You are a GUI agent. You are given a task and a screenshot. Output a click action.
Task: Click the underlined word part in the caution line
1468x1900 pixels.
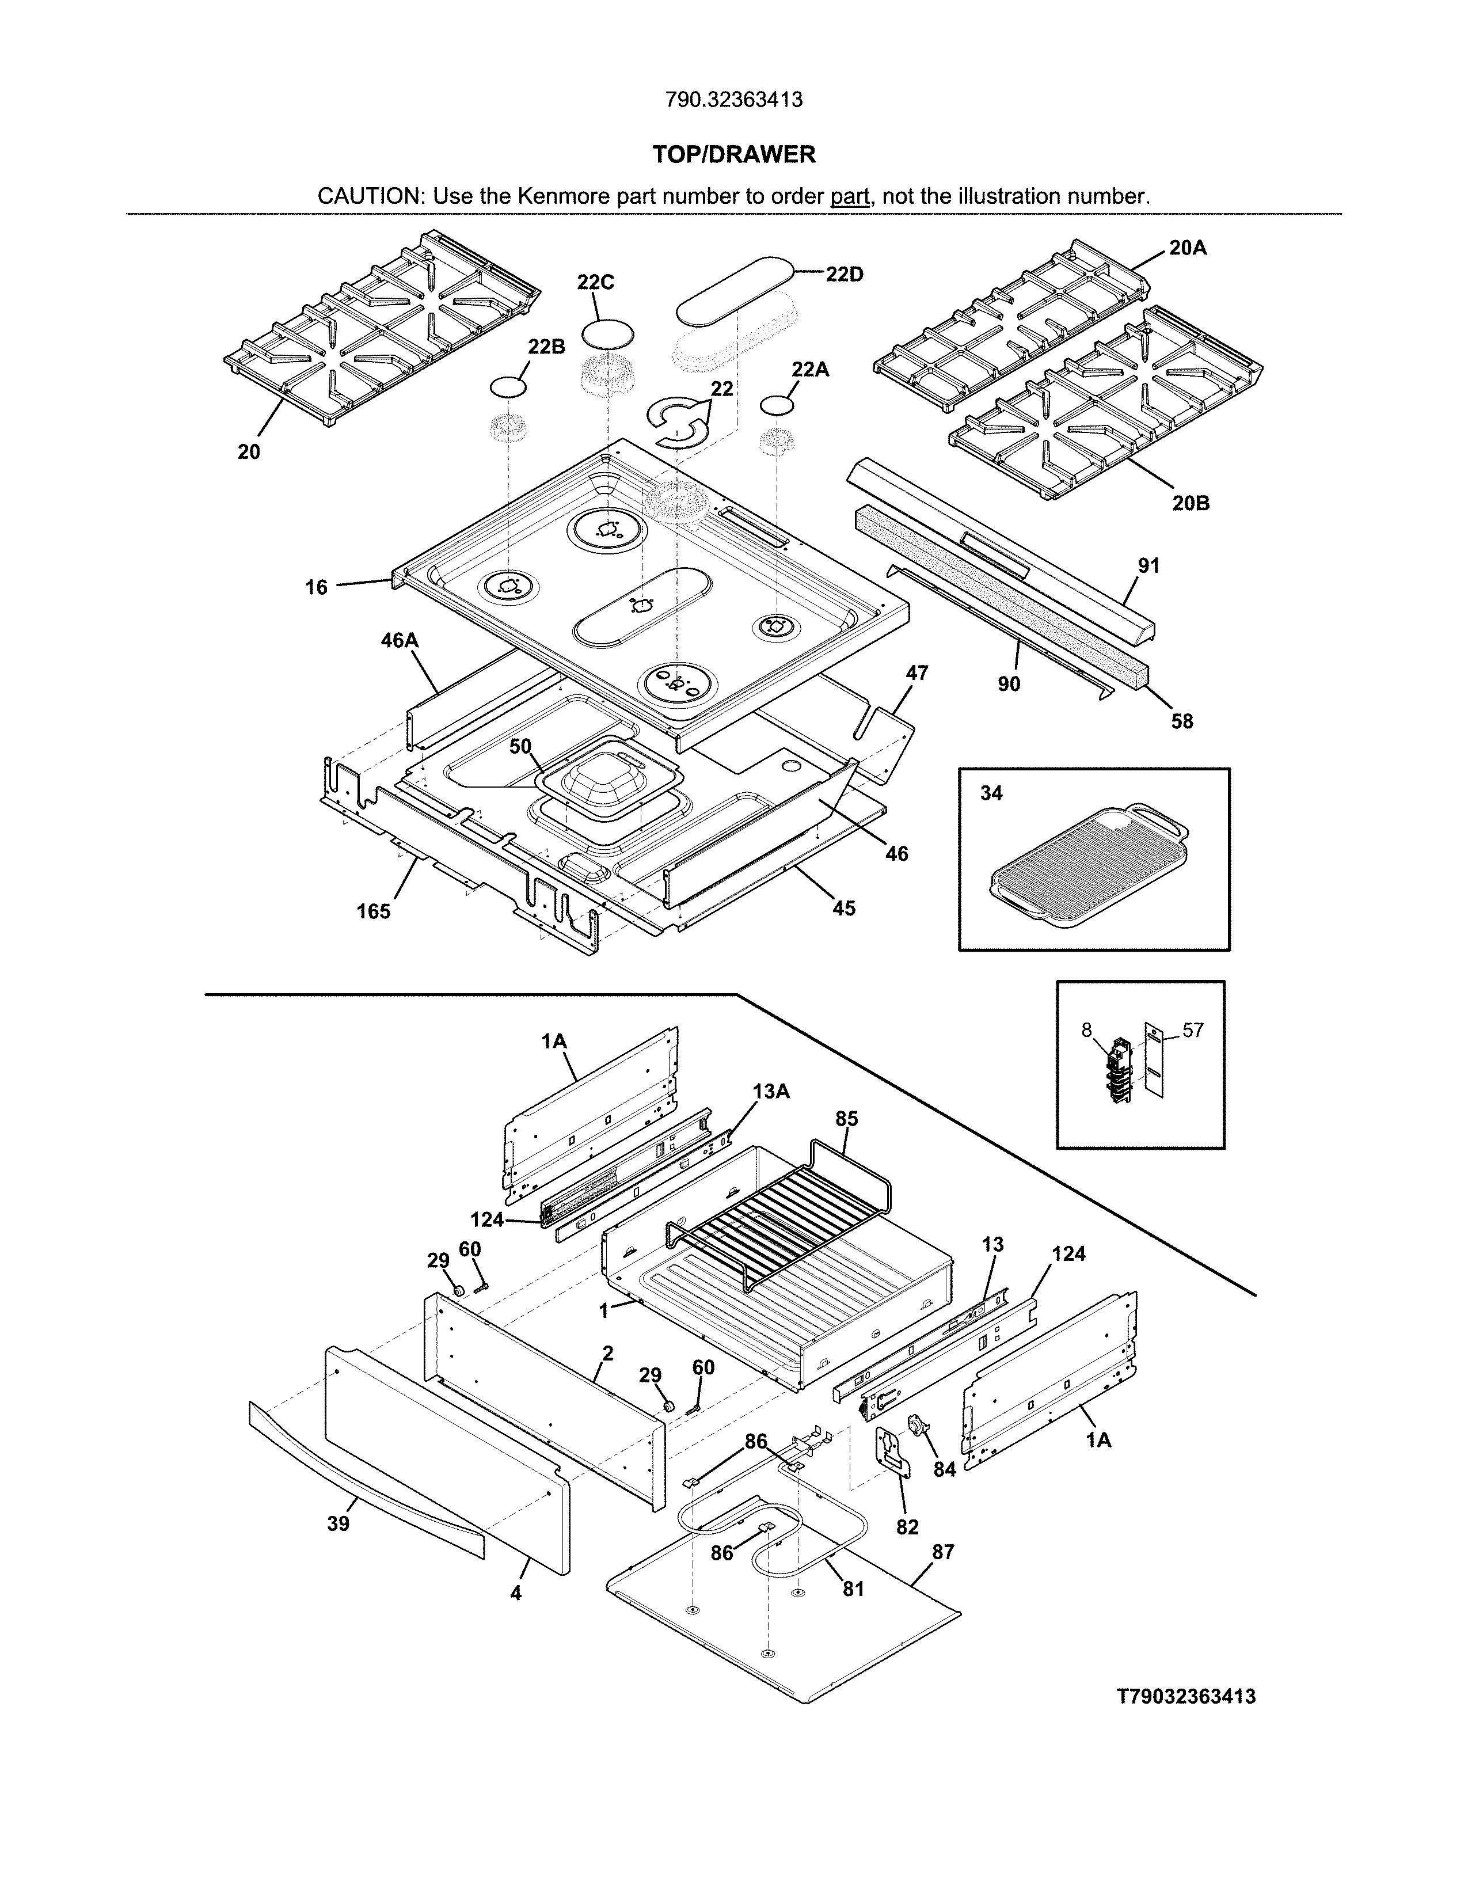[850, 196]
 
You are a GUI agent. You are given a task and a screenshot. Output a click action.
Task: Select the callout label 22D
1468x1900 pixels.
[843, 275]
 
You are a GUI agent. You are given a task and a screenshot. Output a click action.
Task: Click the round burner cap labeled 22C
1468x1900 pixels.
[607, 335]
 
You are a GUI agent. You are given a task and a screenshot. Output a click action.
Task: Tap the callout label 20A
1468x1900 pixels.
[1187, 248]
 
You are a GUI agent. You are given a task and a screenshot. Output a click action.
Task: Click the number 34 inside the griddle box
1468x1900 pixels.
[991, 793]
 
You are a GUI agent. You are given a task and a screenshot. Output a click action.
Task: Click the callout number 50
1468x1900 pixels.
[520, 746]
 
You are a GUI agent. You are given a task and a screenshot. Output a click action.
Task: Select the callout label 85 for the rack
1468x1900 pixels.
[846, 1119]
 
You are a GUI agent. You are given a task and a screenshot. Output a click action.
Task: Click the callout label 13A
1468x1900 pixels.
[770, 1091]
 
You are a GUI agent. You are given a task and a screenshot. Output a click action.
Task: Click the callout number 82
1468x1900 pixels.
[907, 1527]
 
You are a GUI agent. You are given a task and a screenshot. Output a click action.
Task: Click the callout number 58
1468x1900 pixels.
[1182, 721]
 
